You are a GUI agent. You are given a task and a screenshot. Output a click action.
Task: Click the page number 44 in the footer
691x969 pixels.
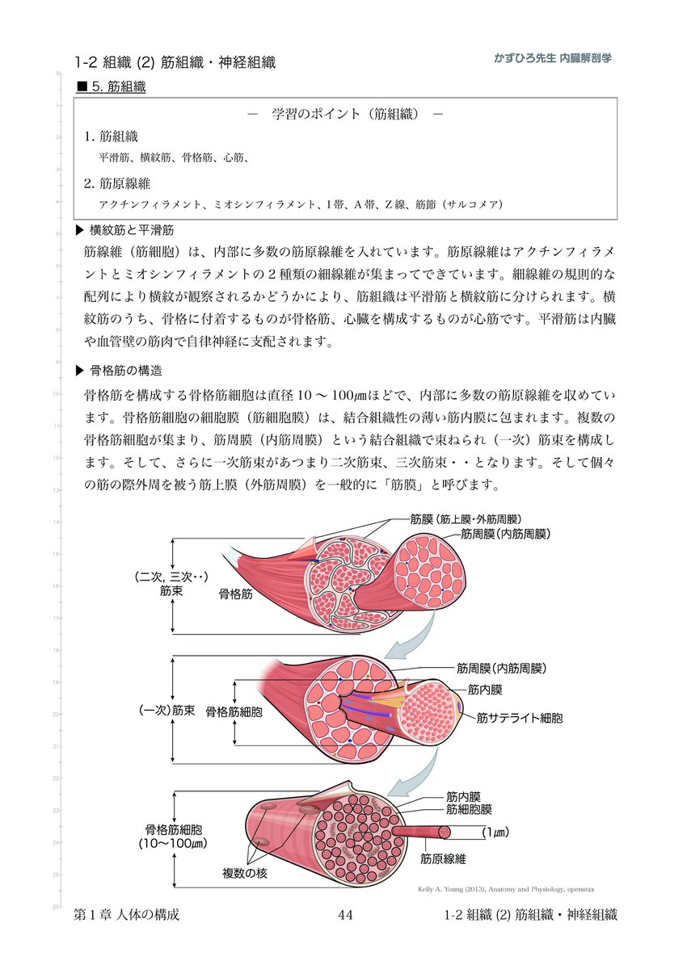pyautogui.click(x=345, y=915)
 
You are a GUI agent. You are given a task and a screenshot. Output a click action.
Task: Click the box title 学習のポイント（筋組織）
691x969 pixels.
pyautogui.click(x=345, y=114)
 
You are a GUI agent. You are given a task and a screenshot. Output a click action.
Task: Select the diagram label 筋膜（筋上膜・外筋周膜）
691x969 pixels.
pyautogui.click(x=466, y=519)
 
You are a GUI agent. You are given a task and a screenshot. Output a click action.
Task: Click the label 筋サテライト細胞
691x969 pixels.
pyautogui.click(x=520, y=716)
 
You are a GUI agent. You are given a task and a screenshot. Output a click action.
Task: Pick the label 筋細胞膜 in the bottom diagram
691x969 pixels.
pyautogui.click(x=469, y=808)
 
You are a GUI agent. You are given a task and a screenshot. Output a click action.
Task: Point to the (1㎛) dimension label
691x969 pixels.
pyautogui.click(x=499, y=831)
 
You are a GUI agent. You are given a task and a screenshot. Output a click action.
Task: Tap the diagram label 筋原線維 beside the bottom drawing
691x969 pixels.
pyautogui.click(x=443, y=859)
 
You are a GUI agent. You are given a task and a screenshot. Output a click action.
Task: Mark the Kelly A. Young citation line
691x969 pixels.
pyautogui.click(x=506, y=890)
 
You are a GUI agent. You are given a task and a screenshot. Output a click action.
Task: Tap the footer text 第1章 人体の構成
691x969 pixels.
pyautogui.click(x=126, y=915)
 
